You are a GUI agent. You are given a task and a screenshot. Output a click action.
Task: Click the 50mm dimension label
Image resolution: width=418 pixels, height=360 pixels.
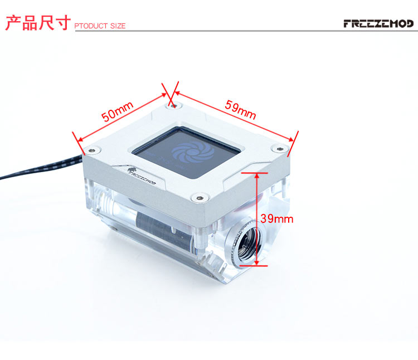tap(117, 111)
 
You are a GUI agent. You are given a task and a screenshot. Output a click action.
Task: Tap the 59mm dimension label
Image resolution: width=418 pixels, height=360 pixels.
tap(240, 110)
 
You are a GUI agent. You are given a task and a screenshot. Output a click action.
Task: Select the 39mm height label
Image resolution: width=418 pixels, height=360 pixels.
tap(276, 219)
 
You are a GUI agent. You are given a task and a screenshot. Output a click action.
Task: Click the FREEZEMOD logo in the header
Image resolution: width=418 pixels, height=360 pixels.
tap(378, 23)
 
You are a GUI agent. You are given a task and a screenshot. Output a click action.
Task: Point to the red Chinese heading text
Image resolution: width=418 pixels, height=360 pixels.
tap(38, 23)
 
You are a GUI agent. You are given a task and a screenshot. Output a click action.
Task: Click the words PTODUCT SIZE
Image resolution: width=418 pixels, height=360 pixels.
tap(100, 26)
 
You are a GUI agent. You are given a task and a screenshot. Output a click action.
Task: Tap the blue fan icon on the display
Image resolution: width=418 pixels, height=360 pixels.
tap(192, 153)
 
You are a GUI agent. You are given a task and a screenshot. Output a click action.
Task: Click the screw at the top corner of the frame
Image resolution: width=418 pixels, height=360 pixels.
tap(174, 106)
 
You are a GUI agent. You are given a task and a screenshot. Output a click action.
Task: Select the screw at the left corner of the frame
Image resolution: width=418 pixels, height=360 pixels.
tap(92, 150)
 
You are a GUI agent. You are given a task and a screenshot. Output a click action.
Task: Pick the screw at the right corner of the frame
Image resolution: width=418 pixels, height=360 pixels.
tap(279, 148)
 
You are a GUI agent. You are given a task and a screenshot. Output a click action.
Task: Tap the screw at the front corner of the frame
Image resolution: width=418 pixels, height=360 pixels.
tap(200, 198)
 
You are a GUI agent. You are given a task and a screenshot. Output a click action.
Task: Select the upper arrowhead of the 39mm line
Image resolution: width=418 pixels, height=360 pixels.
tap(257, 176)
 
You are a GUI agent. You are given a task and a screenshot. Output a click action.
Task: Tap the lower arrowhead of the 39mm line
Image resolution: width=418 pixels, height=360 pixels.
tap(257, 262)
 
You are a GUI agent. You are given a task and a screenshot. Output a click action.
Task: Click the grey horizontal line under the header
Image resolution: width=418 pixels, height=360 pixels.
tap(246, 31)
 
